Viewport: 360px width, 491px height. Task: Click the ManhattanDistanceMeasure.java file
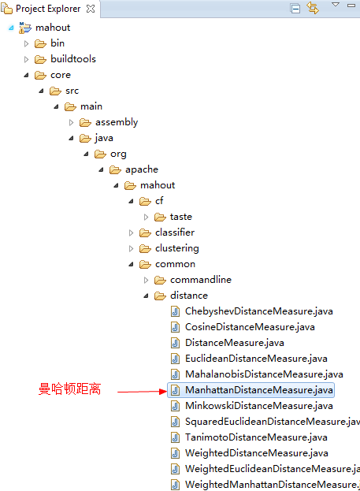tap(259, 390)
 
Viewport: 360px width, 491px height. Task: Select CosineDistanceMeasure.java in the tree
tap(250, 327)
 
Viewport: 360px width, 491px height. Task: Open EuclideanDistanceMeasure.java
tap(256, 359)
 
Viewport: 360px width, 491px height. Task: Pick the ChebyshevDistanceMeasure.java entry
tap(259, 311)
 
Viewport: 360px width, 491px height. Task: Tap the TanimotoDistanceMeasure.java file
tap(256, 437)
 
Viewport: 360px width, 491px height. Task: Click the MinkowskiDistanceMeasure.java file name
tap(259, 406)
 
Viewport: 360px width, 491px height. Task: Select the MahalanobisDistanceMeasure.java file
tap(264, 374)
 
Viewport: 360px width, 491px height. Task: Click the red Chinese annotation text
tap(69, 389)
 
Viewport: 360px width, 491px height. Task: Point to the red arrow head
tap(163, 392)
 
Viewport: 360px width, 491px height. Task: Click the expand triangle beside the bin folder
tap(26, 43)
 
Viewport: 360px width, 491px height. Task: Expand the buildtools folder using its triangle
tap(26, 59)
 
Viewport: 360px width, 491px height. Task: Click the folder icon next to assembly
tap(85, 122)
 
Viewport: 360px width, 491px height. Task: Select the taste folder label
tap(181, 217)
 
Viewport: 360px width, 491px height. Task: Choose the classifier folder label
tap(175, 232)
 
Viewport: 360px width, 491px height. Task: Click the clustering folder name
tap(177, 248)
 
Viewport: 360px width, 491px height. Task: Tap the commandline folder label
tap(201, 280)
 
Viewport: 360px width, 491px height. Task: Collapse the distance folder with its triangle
tap(146, 296)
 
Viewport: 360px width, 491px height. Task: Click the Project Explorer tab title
tap(48, 9)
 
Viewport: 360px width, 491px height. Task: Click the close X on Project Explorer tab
tap(91, 9)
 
